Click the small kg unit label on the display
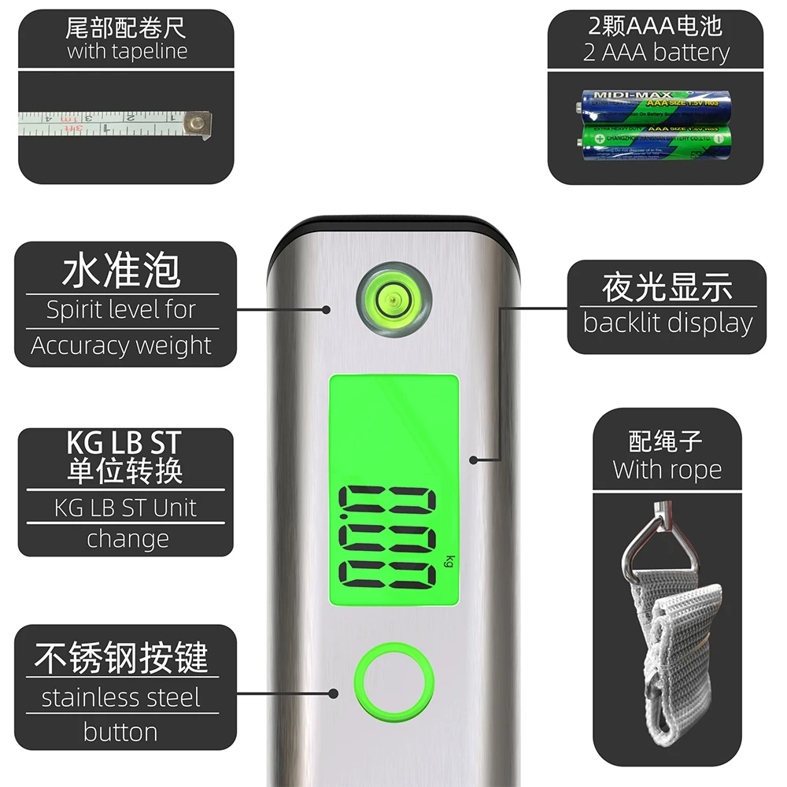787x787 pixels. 449,561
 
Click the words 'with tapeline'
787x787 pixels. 127,52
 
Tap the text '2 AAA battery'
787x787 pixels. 656,53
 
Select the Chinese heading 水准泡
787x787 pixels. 121,270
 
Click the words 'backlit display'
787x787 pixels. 667,323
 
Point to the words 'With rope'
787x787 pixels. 667,470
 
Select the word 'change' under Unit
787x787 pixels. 127,539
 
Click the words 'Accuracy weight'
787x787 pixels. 121,345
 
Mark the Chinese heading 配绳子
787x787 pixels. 666,439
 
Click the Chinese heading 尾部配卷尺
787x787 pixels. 127,29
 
